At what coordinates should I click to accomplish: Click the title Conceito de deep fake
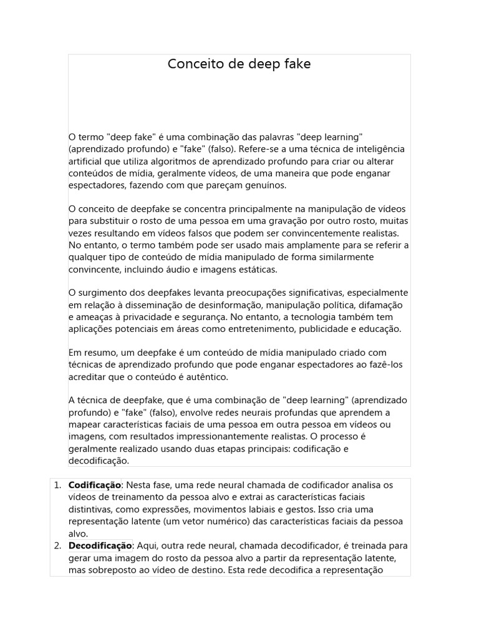[239, 64]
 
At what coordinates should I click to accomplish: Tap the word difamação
[380, 305]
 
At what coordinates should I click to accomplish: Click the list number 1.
[57, 485]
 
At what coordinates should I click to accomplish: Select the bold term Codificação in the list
[94, 485]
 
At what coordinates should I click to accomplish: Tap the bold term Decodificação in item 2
[100, 545]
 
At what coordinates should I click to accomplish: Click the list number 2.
[57, 545]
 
